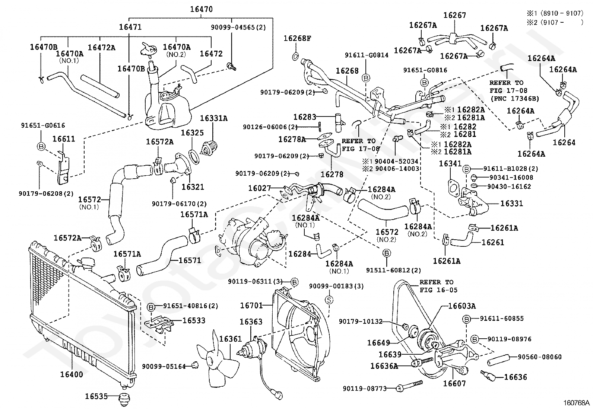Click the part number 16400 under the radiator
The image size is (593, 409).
coord(72,374)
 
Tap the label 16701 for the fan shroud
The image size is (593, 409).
coord(251,306)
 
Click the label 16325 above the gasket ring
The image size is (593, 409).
coord(192,132)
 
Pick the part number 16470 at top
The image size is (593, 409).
coord(201,9)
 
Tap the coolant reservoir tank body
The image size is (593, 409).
coord(167,111)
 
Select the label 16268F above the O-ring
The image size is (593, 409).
coord(297,38)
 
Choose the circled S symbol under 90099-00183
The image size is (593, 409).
coord(329,300)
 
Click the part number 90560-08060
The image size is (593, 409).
coord(539,357)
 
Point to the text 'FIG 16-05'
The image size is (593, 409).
coord(438,290)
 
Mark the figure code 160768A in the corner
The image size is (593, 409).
coord(577,403)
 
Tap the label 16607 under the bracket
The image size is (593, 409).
coord(454,383)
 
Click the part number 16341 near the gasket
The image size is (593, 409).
coord(450,164)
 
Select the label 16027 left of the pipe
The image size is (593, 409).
coord(259,188)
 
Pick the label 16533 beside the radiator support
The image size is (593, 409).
coord(194,320)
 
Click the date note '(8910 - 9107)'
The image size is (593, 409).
coord(562,13)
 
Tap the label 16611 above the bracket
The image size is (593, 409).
coord(64,139)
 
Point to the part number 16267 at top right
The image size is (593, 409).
coord(454,15)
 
